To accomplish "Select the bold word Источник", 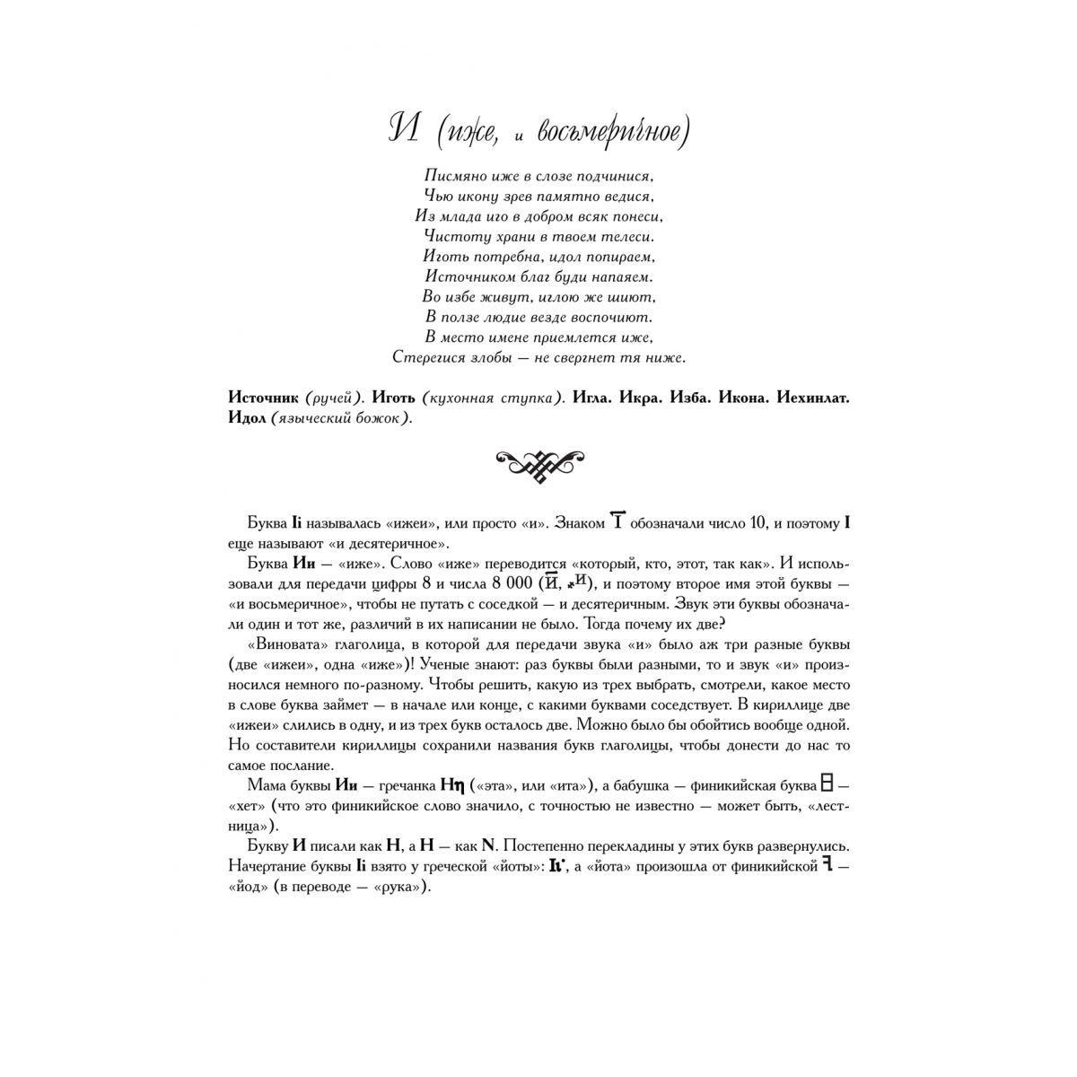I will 264,398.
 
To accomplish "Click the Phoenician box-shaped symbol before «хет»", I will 827,784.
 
